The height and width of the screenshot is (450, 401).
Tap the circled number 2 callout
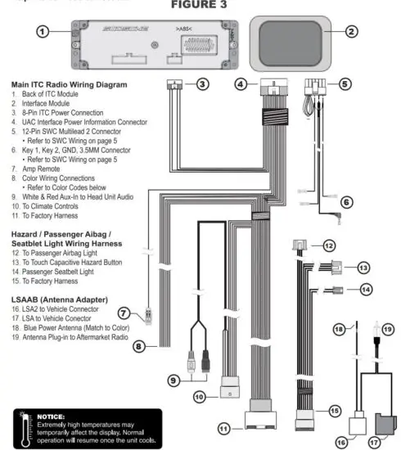pos(351,32)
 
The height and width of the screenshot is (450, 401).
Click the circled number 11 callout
pos(225,428)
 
